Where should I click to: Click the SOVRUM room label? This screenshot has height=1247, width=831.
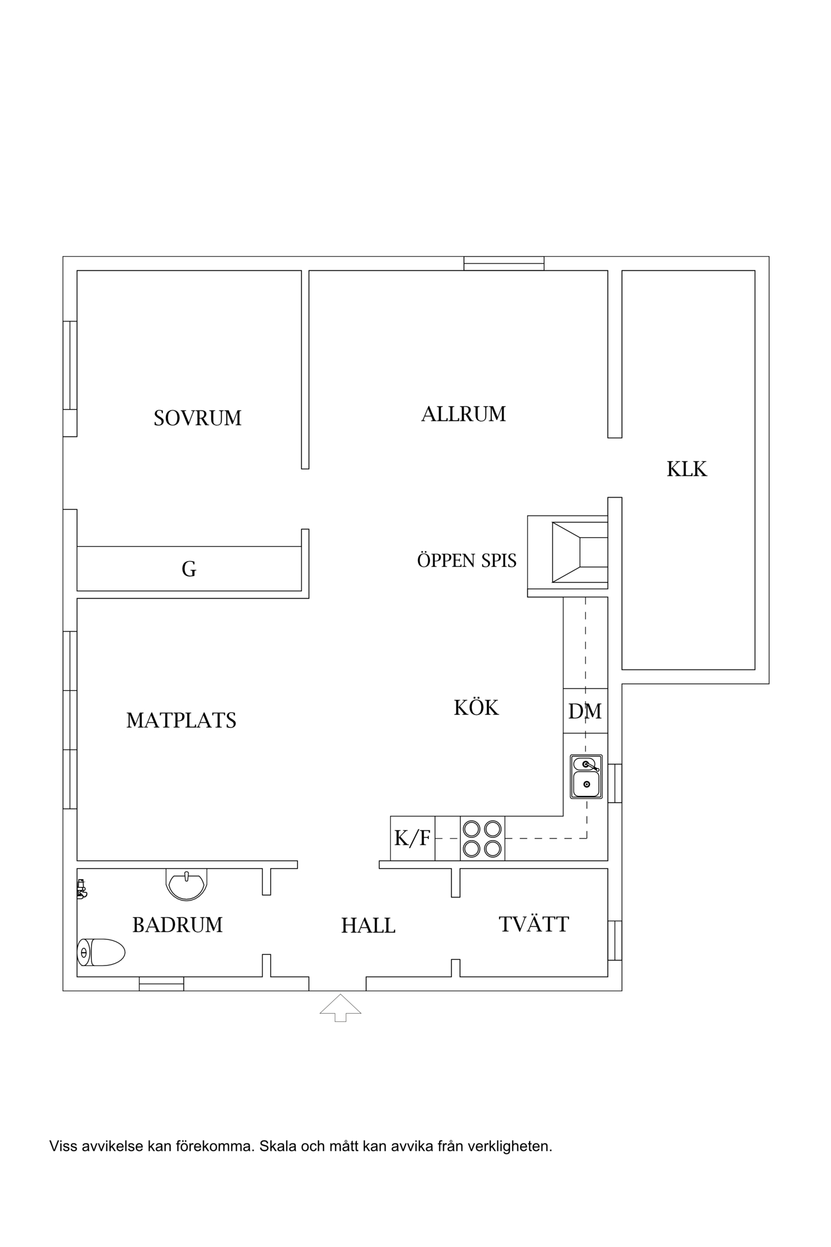point(198,418)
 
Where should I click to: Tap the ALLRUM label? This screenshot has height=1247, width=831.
point(464,415)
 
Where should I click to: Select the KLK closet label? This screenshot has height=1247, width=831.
point(687,469)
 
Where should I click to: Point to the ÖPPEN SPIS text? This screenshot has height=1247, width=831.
point(467,560)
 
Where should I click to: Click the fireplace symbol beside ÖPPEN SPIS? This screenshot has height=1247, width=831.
point(568,553)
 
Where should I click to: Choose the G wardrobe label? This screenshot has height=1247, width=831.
point(189,569)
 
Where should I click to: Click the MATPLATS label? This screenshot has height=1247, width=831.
point(181,720)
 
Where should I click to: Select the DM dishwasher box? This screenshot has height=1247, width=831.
point(586,711)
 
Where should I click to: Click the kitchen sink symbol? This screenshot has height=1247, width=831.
point(586,776)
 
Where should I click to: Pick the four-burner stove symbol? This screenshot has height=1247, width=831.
point(482,839)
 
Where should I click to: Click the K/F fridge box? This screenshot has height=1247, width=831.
point(412,839)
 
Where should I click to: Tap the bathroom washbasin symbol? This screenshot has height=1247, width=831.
point(187,884)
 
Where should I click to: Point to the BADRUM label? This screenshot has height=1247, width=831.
point(177,925)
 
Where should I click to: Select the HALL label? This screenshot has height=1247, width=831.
point(368,926)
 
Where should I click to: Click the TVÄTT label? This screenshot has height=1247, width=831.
point(534,924)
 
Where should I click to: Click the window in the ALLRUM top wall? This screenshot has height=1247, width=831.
point(504,263)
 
